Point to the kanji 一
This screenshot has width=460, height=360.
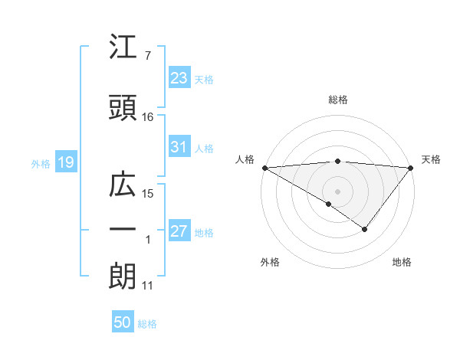122,230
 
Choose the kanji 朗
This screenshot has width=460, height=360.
122,277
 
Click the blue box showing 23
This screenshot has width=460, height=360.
179,78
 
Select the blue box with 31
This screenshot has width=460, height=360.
179,147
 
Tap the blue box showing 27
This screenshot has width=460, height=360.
179,231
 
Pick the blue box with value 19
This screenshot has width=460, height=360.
65,162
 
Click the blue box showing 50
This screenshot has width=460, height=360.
123,322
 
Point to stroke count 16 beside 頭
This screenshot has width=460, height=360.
148,117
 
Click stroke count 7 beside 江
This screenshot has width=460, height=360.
147,55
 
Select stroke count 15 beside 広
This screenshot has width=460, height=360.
148,194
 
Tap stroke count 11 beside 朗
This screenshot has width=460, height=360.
148,286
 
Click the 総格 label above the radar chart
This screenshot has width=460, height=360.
337,100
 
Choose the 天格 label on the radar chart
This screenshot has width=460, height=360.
431,159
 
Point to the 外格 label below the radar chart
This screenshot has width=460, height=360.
270,263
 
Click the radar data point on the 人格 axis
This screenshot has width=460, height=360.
264,167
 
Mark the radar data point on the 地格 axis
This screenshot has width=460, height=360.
365,229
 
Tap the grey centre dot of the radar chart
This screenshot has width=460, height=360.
337,191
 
